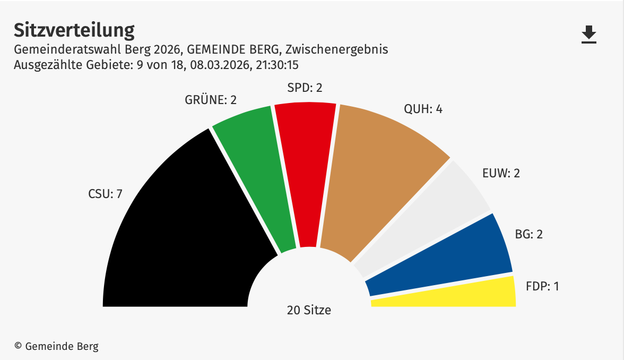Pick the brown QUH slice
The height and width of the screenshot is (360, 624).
377,181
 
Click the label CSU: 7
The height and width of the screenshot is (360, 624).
105,194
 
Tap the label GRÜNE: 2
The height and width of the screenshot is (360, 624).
210,99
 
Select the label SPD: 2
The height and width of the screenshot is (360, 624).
304,88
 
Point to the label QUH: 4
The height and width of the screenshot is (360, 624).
423,109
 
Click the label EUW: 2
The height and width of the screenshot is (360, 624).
501,173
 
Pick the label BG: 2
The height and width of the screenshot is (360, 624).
528,234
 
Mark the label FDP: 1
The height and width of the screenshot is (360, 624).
542,286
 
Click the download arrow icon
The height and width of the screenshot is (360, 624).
589,35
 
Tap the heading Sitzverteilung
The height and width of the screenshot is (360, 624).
74,30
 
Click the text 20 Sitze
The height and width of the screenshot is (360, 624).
309,310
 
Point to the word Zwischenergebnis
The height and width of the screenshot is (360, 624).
336,50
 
